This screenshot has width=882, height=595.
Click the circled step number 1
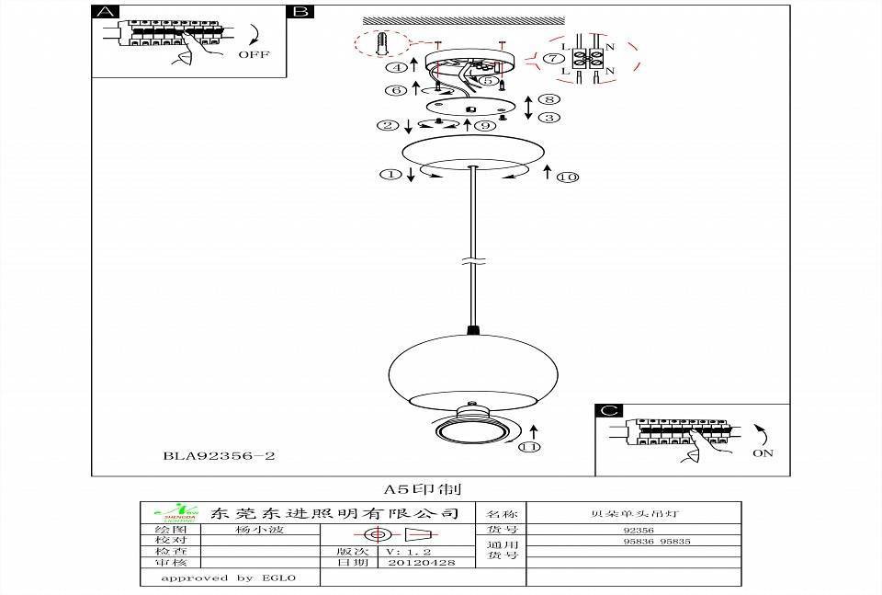[x=390, y=174]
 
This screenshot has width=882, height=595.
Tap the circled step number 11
[x=528, y=448]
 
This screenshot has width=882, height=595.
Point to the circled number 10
[x=567, y=177]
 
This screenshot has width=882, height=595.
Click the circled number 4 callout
[x=395, y=67]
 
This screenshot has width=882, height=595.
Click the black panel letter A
[x=107, y=13]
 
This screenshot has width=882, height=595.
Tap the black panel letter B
[x=300, y=13]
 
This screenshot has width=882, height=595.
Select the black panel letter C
[x=609, y=411]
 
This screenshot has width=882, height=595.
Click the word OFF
[x=254, y=54]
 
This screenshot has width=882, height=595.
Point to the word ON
[x=762, y=452]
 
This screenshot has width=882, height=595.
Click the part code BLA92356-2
[x=220, y=455]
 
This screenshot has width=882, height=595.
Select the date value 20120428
[x=422, y=562]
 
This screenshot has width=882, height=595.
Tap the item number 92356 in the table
[x=638, y=531]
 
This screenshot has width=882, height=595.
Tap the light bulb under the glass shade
[x=471, y=431]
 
